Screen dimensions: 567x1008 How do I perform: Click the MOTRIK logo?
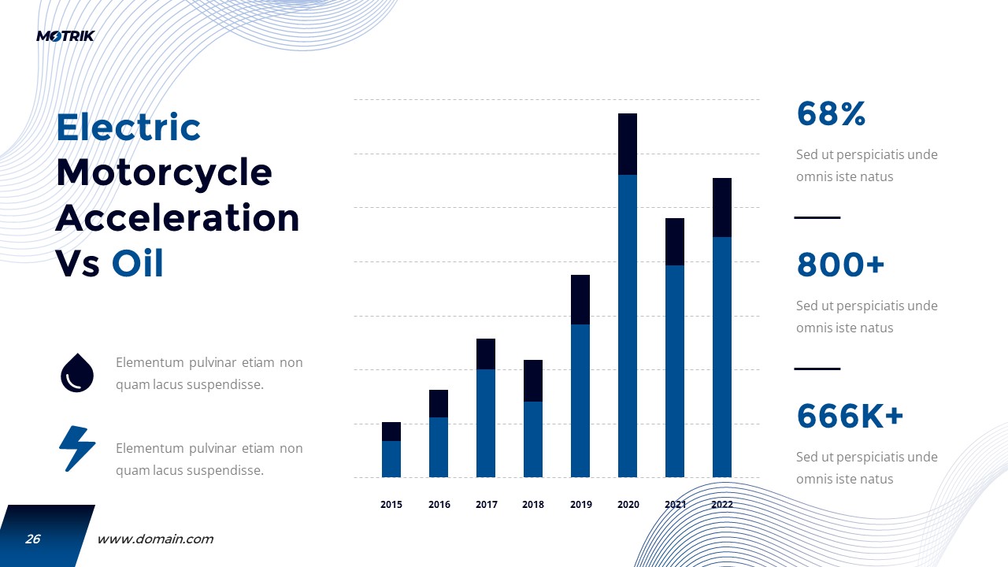65,35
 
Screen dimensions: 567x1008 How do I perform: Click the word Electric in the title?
128,128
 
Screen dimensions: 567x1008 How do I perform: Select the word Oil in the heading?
138,265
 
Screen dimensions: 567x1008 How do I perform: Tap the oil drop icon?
77,372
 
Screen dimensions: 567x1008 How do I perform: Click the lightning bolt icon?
77,449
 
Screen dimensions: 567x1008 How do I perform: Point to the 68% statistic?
831,114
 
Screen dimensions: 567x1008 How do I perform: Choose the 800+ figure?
840,265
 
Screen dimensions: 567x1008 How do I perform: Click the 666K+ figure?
850,416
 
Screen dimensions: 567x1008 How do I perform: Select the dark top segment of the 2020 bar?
628,144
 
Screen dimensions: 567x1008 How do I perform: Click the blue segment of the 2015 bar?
391,459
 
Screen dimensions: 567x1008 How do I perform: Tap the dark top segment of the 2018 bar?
533,381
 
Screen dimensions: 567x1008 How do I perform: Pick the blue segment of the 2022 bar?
722,357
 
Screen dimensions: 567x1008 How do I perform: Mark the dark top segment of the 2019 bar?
580,300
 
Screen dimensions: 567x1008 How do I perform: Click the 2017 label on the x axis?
487,505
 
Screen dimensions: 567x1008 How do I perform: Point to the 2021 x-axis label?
676,505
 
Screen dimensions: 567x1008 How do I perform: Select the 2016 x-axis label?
439,505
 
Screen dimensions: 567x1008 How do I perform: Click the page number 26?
33,539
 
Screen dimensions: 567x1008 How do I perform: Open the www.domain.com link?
155,539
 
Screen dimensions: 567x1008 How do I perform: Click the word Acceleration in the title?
177,219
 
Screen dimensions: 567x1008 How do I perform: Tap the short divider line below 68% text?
817,217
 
